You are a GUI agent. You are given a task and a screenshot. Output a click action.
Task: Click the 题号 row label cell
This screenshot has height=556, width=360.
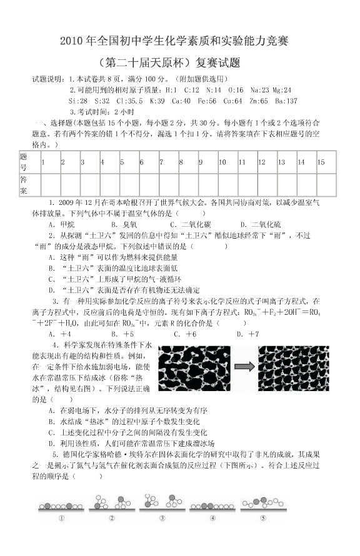tap(24, 162)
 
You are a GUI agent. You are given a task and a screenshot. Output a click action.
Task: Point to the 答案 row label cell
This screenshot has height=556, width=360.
tap(24, 185)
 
